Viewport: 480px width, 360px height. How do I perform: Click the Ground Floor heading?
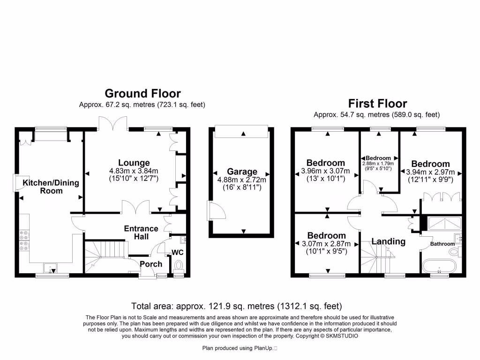click(x=142, y=93)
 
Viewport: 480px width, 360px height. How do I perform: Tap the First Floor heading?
click(x=377, y=103)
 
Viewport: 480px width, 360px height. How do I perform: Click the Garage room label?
click(x=242, y=172)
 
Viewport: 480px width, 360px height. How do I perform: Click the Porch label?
click(x=151, y=264)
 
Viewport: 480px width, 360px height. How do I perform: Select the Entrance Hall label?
click(x=141, y=232)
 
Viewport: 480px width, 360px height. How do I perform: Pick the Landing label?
click(x=388, y=241)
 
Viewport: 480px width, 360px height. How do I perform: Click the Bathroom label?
click(x=442, y=244)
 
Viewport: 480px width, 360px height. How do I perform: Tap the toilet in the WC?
click(x=178, y=266)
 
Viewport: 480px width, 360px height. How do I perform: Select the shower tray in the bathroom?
click(x=442, y=224)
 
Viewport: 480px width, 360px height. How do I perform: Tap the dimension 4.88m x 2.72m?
click(x=242, y=180)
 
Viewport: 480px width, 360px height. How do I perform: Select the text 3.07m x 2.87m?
click(x=326, y=244)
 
